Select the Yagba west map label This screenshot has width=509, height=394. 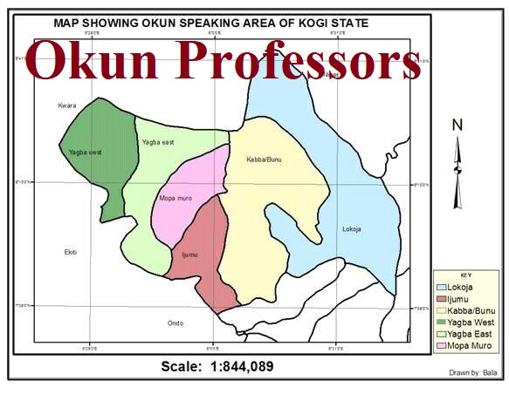85,153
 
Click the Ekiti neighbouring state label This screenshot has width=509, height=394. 71,252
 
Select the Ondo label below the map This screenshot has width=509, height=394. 175,323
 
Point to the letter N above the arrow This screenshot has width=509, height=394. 456,125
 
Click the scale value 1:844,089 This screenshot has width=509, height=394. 241,366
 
